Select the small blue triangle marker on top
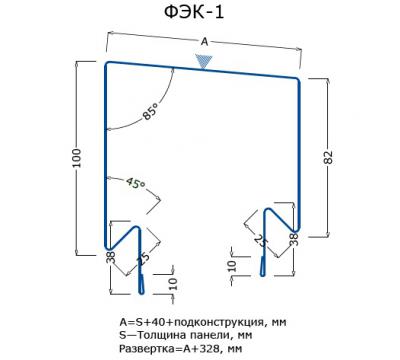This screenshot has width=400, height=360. pyautogui.click(x=205, y=62)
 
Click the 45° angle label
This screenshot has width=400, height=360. pyautogui.click(x=135, y=184)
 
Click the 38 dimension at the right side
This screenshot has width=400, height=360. pyautogui.click(x=294, y=238)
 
